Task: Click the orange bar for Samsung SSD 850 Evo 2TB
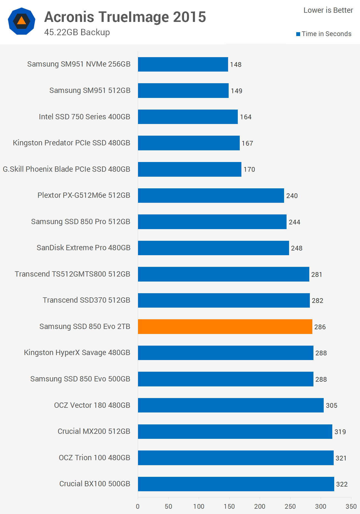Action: point(225,326)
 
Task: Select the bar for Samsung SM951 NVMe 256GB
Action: point(183,64)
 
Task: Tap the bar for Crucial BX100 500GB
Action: point(236,484)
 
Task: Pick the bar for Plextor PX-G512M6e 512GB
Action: point(211,196)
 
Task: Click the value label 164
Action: point(246,117)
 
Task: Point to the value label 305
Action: point(331,406)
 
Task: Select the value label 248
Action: point(297,248)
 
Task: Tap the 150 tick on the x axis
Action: point(229,506)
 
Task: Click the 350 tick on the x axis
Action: point(351,506)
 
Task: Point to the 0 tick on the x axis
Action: point(138,506)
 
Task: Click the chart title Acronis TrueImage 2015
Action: point(125,17)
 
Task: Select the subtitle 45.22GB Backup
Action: point(77,32)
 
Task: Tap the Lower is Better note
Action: point(328,10)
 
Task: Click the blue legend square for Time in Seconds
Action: point(298,34)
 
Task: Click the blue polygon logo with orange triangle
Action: point(22,21)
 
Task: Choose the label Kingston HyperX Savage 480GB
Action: point(77,353)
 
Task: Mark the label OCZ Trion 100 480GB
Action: point(94,458)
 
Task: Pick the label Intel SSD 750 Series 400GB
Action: point(85,117)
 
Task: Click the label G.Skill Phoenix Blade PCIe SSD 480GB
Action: point(67,169)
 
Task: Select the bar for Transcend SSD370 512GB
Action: point(224,300)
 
